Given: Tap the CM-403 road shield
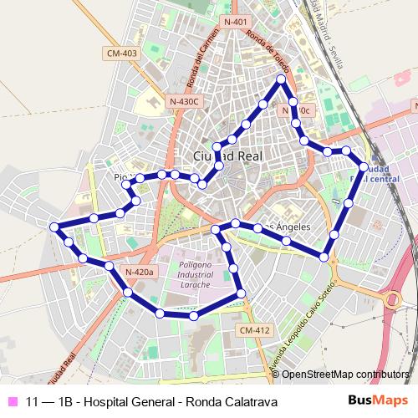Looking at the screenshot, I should [x=121, y=54].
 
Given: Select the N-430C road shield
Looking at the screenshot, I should [x=183, y=101].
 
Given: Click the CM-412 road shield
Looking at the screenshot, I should [x=254, y=330].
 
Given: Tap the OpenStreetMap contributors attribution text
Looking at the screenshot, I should [x=345, y=375].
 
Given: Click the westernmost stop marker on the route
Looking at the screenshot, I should [x=54, y=227].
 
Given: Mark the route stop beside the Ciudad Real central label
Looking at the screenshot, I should [x=364, y=167].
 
